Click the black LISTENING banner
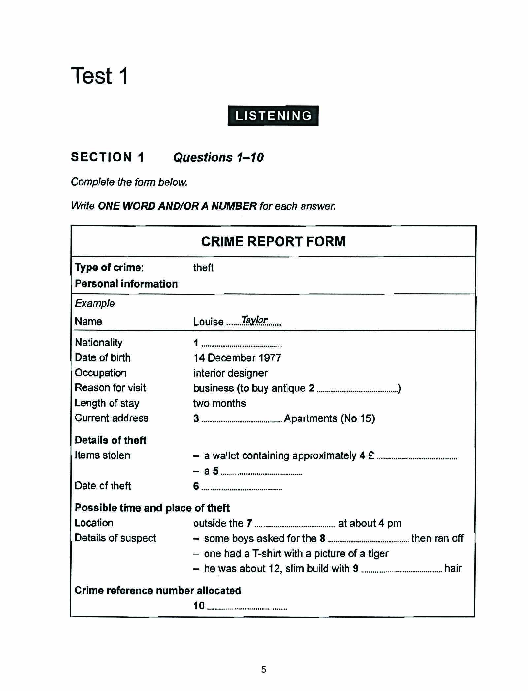click(x=273, y=116)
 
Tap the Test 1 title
click(x=99, y=76)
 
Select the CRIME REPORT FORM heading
click(x=273, y=241)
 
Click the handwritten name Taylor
click(x=254, y=320)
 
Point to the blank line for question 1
click(x=242, y=345)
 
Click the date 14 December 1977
click(x=237, y=358)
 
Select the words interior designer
click(x=230, y=373)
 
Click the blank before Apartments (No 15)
click(x=242, y=421)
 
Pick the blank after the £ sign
click(x=416, y=458)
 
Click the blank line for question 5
click(x=261, y=473)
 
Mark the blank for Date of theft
click(x=242, y=488)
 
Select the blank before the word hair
click(x=402, y=571)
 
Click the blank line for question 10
click(x=247, y=608)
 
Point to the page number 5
click(x=263, y=669)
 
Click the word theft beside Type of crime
click(x=203, y=267)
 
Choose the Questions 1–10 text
click(x=218, y=157)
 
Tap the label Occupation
click(x=101, y=373)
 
